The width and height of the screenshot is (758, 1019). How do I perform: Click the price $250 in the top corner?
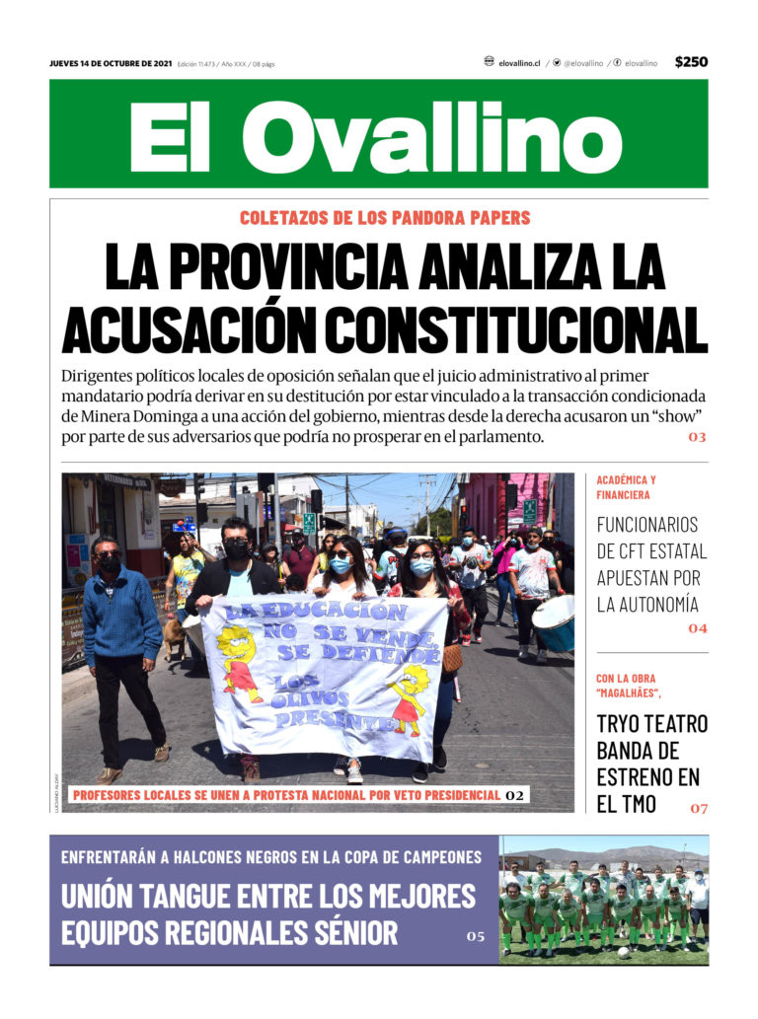691,62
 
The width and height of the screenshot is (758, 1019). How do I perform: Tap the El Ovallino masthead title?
378,135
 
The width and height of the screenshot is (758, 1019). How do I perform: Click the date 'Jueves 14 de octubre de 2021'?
111,64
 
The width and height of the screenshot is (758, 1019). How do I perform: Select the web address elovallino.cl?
519,63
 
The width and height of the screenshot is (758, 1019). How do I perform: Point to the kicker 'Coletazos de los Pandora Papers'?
385,218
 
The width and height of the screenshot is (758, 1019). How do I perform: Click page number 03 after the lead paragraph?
697,437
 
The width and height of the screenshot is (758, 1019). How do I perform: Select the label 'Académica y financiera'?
626,487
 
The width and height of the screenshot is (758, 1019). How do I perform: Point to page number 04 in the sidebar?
698,628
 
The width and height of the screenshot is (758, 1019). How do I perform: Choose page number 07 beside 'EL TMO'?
698,809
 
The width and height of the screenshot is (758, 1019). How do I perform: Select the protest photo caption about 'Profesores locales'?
286,795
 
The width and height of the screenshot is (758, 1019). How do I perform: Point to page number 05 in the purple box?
476,936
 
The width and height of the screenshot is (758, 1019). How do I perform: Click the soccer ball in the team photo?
624,953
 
